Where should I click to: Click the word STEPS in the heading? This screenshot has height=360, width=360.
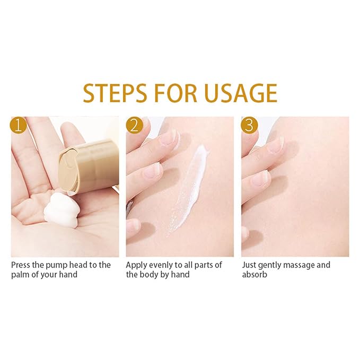point(115,93)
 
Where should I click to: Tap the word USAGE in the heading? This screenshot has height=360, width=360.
point(240,93)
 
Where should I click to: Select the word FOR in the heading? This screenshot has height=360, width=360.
point(175,93)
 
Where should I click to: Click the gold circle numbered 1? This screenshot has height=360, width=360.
point(19,125)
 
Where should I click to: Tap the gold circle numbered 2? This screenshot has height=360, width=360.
point(134,125)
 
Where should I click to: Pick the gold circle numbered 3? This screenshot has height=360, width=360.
point(250,125)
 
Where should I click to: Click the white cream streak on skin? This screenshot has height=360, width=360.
point(188,190)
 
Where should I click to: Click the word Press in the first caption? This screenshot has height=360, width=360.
point(21,265)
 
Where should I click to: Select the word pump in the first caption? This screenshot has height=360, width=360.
point(57,266)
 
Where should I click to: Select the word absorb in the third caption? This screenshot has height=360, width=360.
point(254,274)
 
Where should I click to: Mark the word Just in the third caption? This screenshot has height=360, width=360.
point(249,265)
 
